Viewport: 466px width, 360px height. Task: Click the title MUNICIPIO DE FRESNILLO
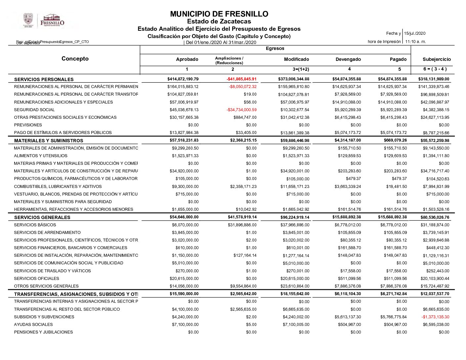click(x=219, y=14)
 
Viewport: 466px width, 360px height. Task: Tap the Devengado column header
click(x=348, y=59)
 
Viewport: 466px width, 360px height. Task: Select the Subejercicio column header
click(x=437, y=59)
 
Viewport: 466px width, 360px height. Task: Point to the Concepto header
click(x=75, y=59)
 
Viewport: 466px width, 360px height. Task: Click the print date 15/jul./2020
click(x=415, y=33)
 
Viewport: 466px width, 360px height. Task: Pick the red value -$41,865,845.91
click(x=241, y=79)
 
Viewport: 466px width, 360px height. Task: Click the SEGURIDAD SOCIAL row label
click(x=34, y=110)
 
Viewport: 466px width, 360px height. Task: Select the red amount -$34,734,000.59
click(x=241, y=110)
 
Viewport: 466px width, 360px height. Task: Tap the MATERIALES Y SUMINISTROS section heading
click(x=49, y=141)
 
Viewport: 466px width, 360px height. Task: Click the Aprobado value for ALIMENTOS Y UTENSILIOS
click(x=185, y=156)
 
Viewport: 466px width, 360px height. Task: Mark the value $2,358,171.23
click(x=243, y=187)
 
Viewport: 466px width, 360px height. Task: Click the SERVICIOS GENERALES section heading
click(x=42, y=217)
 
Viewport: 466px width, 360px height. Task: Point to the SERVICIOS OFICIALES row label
click(x=36, y=279)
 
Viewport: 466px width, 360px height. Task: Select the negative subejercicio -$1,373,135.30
click(x=435, y=317)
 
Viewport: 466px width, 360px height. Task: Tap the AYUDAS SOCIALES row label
click(x=33, y=325)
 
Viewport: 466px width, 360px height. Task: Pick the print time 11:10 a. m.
click(x=415, y=42)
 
